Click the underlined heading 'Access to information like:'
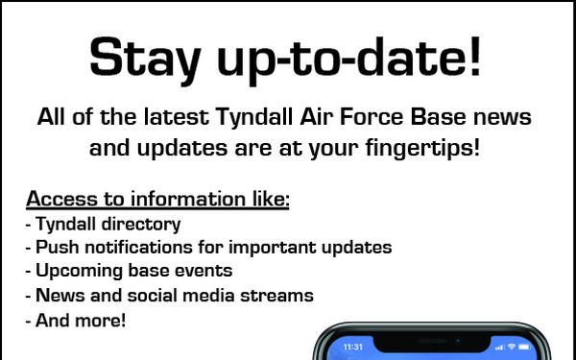point(157,200)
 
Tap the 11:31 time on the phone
point(352,346)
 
